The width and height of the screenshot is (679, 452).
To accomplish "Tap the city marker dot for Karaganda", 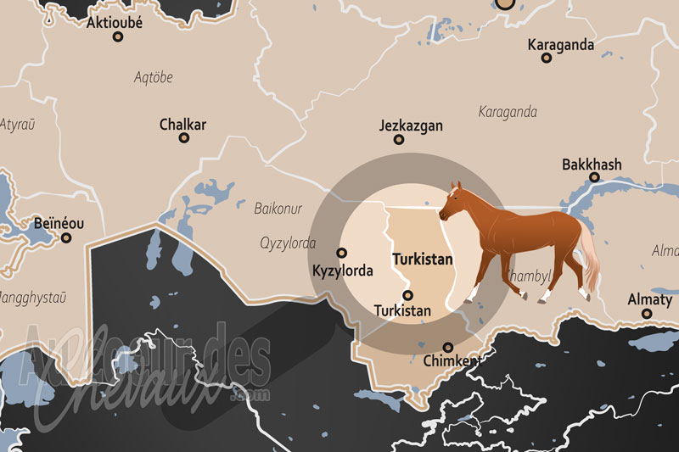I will (x=547, y=59).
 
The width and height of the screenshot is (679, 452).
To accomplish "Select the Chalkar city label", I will (x=182, y=125).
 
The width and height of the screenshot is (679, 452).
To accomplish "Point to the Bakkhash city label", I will (x=592, y=164).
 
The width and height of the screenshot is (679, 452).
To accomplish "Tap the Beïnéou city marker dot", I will (x=67, y=238).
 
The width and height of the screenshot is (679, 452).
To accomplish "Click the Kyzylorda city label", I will (x=342, y=271).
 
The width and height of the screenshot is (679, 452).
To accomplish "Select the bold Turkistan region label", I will (x=422, y=259).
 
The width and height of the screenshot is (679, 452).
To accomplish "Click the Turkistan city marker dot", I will (x=407, y=296).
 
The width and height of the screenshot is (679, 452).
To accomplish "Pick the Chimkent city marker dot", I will (x=448, y=347).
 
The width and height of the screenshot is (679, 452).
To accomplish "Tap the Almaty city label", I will (x=649, y=299).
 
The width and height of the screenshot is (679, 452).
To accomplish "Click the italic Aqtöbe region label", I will (x=153, y=77).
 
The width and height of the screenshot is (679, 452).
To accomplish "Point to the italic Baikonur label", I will (x=278, y=207).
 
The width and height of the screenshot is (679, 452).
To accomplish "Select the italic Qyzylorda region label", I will (x=288, y=243).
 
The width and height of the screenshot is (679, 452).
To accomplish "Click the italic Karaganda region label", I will (x=508, y=111).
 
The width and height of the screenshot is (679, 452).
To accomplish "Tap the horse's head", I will (x=450, y=200).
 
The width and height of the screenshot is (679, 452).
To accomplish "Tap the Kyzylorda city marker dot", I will (x=342, y=253).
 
